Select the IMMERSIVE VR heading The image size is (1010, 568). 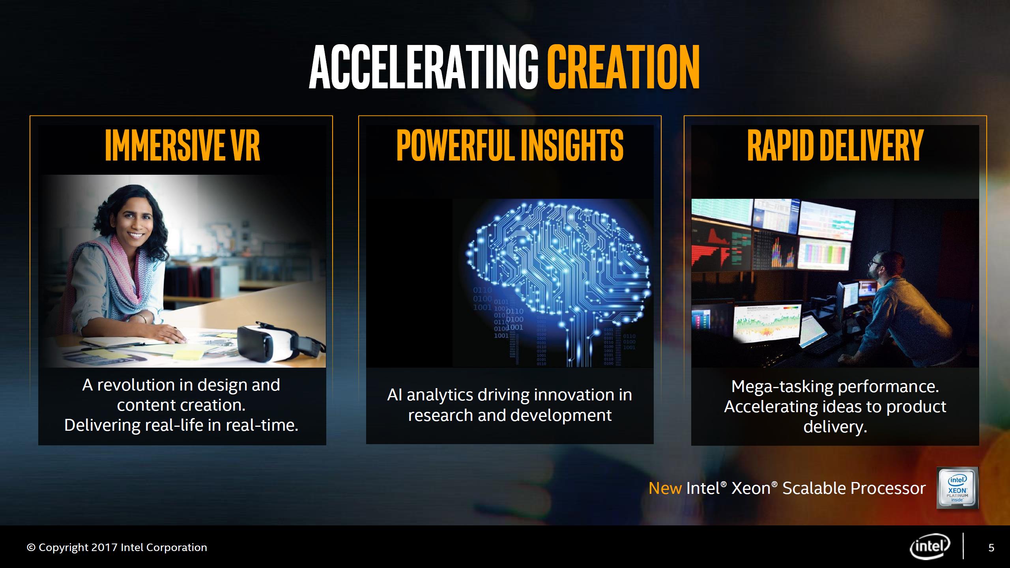click(183, 146)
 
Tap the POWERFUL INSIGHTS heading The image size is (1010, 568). click(510, 146)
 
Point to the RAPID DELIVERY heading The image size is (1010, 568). click(836, 146)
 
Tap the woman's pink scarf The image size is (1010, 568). click(118, 272)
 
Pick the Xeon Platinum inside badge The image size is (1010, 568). click(957, 488)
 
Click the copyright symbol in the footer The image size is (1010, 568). click(31, 547)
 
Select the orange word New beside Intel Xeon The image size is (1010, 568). click(665, 488)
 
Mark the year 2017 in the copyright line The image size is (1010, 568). click(105, 547)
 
